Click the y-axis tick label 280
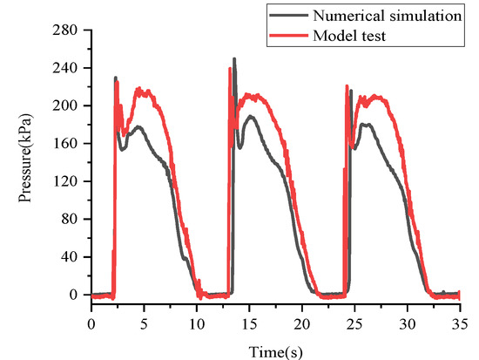(69, 31)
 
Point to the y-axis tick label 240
(69, 68)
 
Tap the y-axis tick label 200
(69, 105)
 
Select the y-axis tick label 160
(69, 144)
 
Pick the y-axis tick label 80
(72, 220)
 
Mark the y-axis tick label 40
(72, 257)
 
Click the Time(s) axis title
(277, 346)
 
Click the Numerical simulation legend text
(382, 14)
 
